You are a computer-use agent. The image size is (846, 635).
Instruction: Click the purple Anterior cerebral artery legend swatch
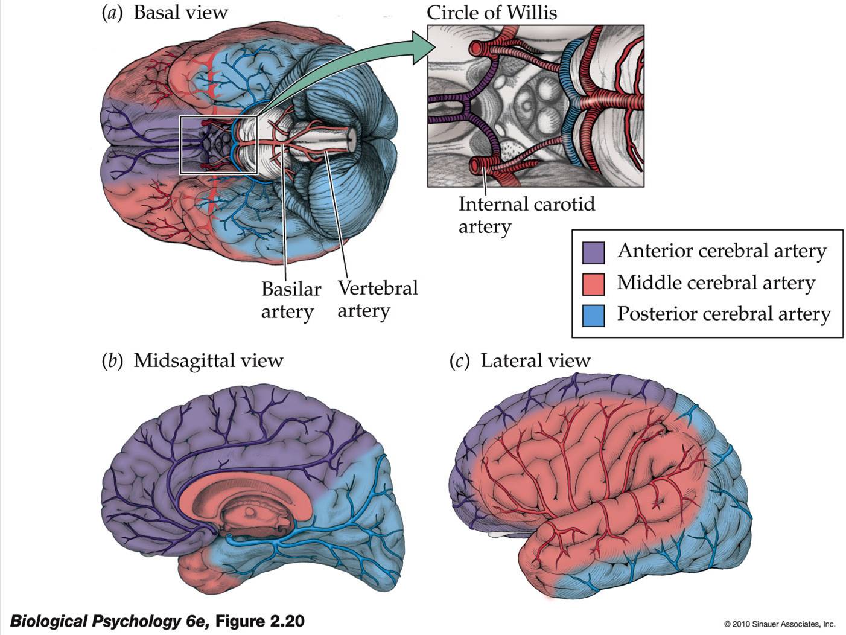pyautogui.click(x=593, y=252)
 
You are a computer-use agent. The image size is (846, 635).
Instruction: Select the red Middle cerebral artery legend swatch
pyautogui.click(x=593, y=284)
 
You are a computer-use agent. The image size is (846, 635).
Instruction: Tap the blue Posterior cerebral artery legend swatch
pyautogui.click(x=593, y=315)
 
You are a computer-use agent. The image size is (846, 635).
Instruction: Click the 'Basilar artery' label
pyautogui.click(x=290, y=300)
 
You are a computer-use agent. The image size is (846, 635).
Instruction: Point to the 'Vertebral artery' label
pyautogui.click(x=377, y=299)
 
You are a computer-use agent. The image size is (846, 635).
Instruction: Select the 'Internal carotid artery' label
pyautogui.click(x=526, y=215)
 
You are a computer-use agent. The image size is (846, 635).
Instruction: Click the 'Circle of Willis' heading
pyautogui.click(x=491, y=13)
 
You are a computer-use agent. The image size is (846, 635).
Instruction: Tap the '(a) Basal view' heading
pyautogui.click(x=165, y=13)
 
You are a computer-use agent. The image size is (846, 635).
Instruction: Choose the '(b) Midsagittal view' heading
pyautogui.click(x=192, y=360)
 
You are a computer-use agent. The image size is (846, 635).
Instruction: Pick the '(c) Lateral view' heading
pyautogui.click(x=520, y=360)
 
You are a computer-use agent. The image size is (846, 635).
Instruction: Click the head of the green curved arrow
pyautogui.click(x=422, y=48)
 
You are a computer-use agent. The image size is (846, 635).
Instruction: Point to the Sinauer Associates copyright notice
pyautogui.click(x=779, y=624)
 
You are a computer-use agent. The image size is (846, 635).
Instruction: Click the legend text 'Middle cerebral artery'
pyautogui.click(x=716, y=282)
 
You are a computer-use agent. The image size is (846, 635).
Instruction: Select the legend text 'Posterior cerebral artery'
pyautogui.click(x=724, y=314)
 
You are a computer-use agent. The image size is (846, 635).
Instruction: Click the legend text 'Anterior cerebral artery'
pyautogui.click(x=722, y=251)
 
